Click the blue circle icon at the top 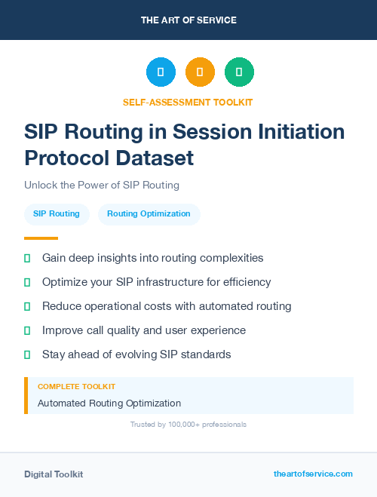pos(161,72)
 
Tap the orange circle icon pos(200,72)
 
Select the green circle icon pos(239,72)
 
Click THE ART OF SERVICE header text pos(188,20)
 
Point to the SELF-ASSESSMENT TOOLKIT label pos(188,102)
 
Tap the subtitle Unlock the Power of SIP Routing pos(102,185)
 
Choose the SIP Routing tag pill pos(57,214)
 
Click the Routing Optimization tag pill pos(149,214)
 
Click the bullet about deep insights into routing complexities pos(152,258)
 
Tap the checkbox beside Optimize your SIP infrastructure pos(27,282)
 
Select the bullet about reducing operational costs pos(166,306)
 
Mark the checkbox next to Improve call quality pos(27,330)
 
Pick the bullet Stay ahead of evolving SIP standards pos(136,354)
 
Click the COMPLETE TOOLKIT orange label pos(76,387)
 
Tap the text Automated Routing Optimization pos(109,403)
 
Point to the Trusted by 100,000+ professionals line pos(188,425)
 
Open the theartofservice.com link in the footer pos(313,474)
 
